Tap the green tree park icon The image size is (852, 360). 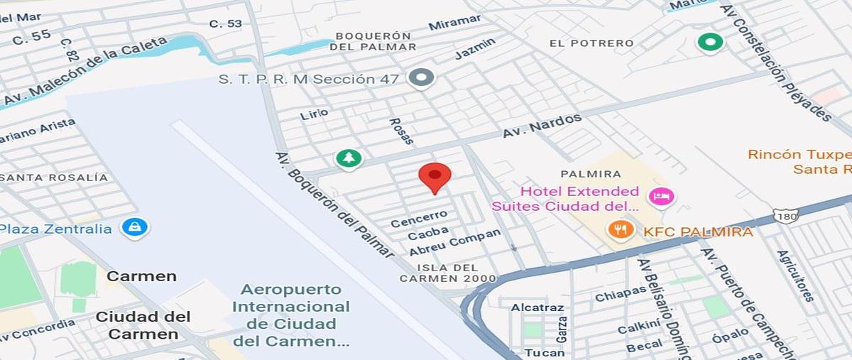(348, 158)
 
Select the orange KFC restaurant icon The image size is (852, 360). (621, 229)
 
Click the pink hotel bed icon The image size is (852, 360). (661, 197)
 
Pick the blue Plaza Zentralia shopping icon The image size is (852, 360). (134, 227)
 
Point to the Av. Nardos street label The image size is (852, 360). (542, 126)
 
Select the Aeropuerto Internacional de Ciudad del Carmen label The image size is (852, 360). (291, 315)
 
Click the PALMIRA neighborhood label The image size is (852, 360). (591, 174)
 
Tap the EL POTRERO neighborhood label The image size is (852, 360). (591, 43)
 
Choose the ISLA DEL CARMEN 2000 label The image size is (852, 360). (447, 273)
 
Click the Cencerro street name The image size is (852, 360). (419, 218)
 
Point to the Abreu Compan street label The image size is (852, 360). (454, 242)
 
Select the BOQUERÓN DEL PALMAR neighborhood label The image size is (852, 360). (373, 41)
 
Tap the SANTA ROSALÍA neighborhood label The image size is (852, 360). (54, 178)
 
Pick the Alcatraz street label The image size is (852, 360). (537, 307)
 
